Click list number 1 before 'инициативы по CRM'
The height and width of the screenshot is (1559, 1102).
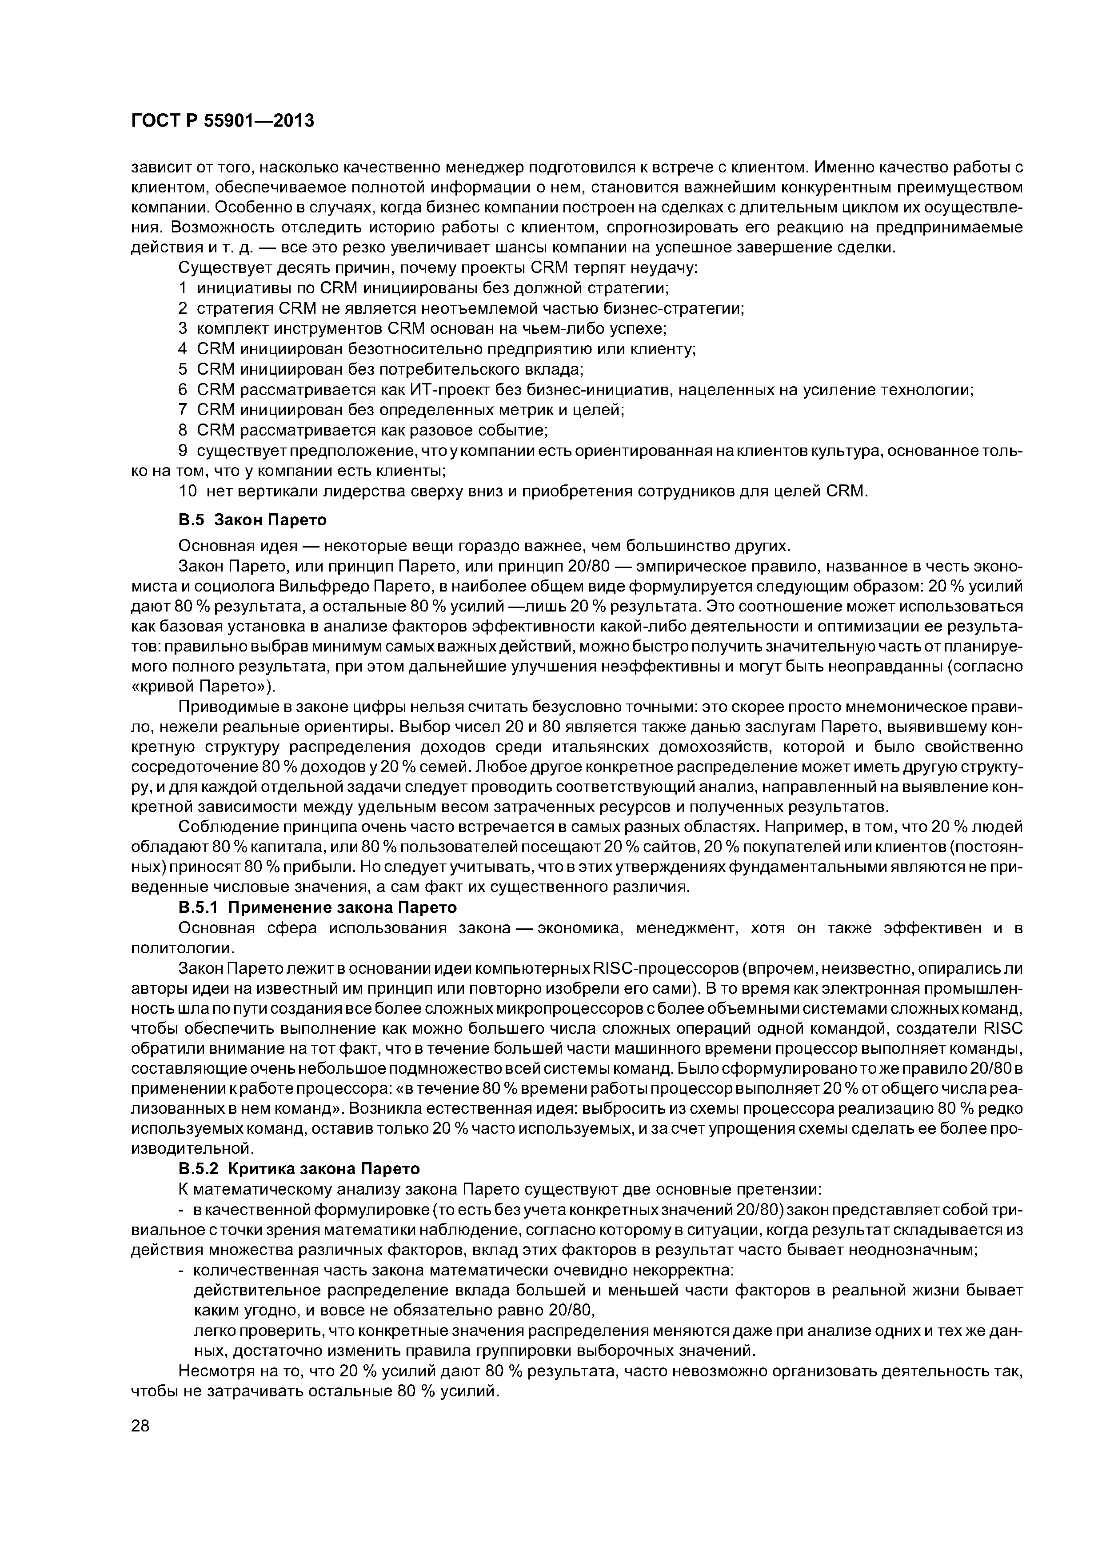click(183, 288)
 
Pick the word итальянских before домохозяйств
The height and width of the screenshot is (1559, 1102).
click(650, 747)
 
